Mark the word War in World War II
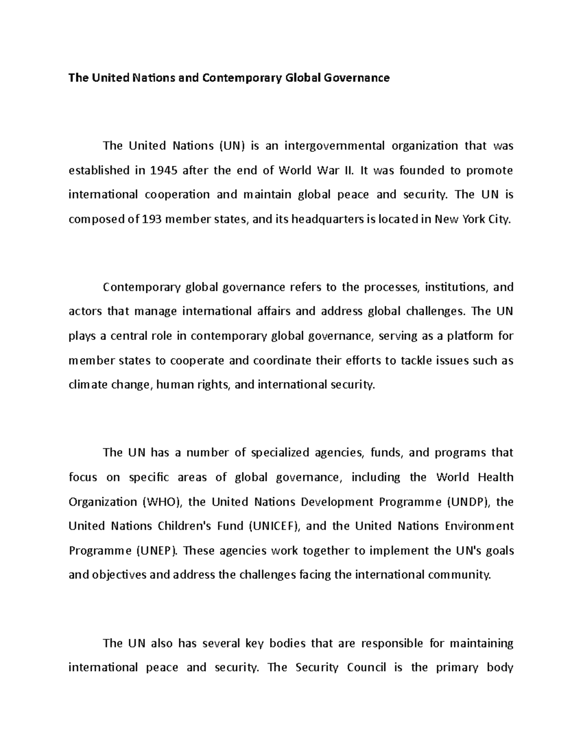tap(328, 170)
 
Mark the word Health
tap(496, 477)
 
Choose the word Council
tap(366, 667)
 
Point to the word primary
tap(457, 667)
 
